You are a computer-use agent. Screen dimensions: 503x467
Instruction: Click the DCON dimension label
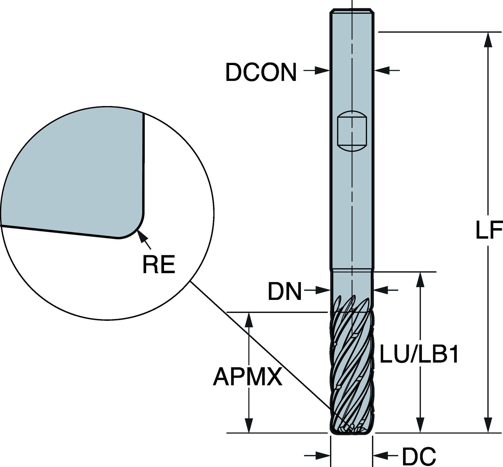tap(261, 72)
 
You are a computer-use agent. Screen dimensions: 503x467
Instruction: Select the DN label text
tap(285, 291)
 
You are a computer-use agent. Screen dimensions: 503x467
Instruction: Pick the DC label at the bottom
tap(419, 456)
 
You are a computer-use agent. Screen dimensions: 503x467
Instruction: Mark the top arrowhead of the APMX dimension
tap(249, 320)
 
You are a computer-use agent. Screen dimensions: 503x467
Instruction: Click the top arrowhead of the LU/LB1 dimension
tap(421, 280)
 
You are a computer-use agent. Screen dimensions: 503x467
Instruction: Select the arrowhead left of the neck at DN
tap(323, 291)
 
